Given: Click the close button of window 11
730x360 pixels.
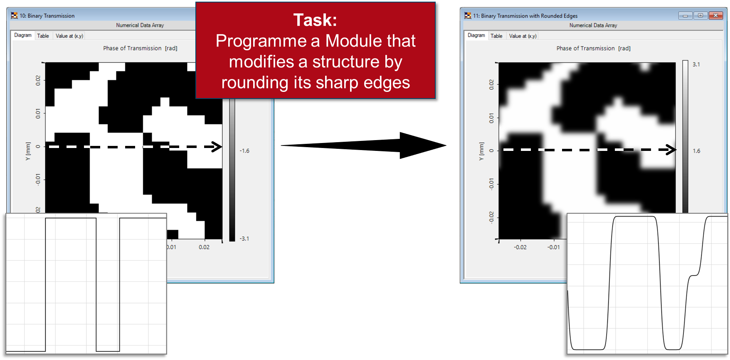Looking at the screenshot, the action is click(x=715, y=15).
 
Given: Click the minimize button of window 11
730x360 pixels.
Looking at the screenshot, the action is click(x=685, y=15).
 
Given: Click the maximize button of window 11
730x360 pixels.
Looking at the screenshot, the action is click(x=700, y=15).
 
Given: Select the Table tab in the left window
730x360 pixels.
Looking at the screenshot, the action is click(x=43, y=36).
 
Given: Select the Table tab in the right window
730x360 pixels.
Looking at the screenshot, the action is click(x=496, y=36).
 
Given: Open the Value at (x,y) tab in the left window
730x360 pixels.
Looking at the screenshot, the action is click(x=69, y=36).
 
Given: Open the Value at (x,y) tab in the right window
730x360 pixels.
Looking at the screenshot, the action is click(x=523, y=36).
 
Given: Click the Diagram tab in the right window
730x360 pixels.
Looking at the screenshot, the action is click(x=476, y=35).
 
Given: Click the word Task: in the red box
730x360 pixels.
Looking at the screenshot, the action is click(x=315, y=20).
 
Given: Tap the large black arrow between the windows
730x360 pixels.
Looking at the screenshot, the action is click(x=363, y=145).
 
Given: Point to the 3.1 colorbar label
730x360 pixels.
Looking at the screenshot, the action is click(x=696, y=64).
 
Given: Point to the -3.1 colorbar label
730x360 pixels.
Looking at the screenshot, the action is click(x=244, y=239).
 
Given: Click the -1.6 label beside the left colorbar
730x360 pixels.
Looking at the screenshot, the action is click(x=244, y=151).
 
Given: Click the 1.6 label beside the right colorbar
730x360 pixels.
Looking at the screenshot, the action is click(x=696, y=151).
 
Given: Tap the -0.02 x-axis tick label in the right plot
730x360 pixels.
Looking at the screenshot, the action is click(x=520, y=247).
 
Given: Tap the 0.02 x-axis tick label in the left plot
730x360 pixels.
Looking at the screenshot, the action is click(x=204, y=247).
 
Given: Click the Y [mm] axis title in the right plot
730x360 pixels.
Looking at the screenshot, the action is click(x=481, y=151).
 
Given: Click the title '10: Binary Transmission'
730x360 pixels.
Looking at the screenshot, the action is click(x=47, y=16).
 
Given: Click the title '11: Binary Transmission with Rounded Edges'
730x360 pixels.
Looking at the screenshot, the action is click(x=525, y=16).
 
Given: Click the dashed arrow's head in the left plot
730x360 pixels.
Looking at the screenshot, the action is click(x=217, y=147).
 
